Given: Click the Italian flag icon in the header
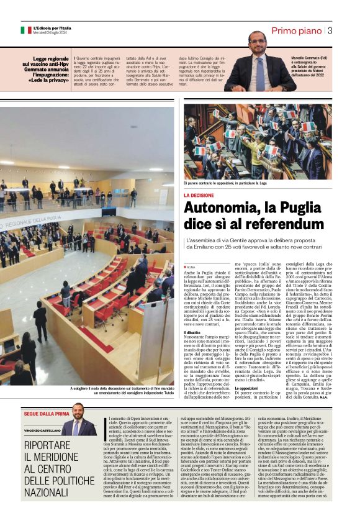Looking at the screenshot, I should (x=25, y=30).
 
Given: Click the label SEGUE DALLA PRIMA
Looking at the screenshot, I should (x=48, y=413).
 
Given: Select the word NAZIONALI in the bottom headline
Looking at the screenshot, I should (x=53, y=493).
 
